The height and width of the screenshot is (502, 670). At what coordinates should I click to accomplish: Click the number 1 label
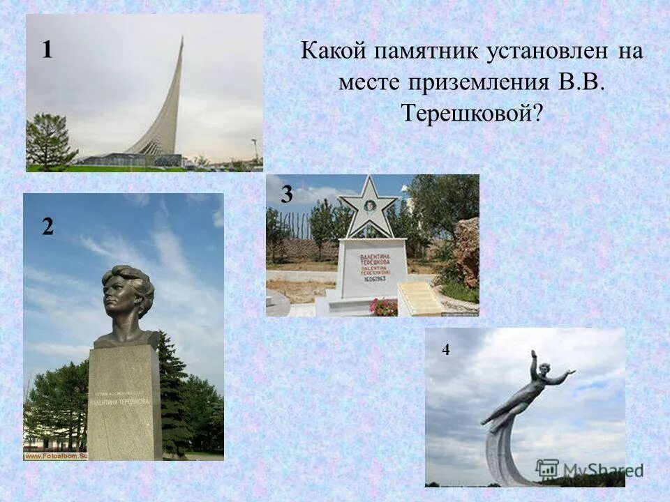47,50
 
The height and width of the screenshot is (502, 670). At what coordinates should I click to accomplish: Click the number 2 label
47,227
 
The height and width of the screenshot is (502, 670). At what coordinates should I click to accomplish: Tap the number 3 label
287,195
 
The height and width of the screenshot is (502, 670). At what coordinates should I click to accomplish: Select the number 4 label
445,351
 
